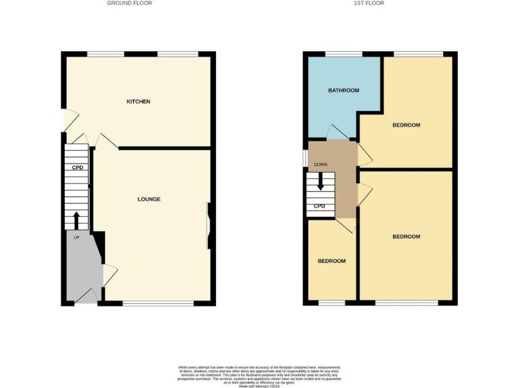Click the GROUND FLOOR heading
click(x=129, y=3)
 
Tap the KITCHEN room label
click(x=139, y=102)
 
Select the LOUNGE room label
click(x=149, y=199)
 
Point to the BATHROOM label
click(x=343, y=90)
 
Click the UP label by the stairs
click(x=76, y=238)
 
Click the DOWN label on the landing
click(x=320, y=164)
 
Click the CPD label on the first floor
click(x=320, y=206)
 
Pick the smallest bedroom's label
click(x=332, y=261)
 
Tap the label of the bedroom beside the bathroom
click(x=406, y=125)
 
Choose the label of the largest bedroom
click(x=406, y=236)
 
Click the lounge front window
click(x=158, y=304)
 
